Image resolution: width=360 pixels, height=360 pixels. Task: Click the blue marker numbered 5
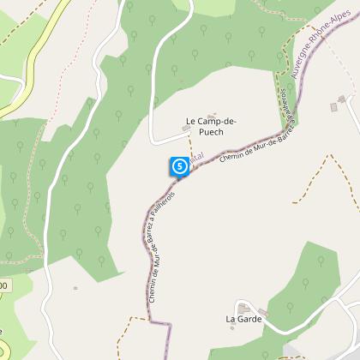click(179, 165)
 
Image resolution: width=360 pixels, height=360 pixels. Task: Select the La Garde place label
click(243, 319)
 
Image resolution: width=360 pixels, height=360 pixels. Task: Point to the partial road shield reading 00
click(4, 285)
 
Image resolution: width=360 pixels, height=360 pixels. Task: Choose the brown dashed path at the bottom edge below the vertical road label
click(129, 330)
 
